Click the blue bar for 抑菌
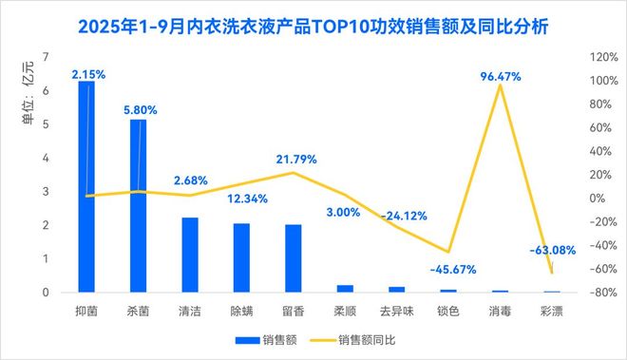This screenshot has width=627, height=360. point(86,190)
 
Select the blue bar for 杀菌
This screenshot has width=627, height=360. point(138,209)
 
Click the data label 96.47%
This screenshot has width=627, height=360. point(502,75)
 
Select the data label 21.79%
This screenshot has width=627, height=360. point(295,159)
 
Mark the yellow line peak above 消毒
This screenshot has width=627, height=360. point(500,85)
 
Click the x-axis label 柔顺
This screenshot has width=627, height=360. point(345,311)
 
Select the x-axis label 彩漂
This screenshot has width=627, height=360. point(552,311)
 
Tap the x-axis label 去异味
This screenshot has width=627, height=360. point(396,311)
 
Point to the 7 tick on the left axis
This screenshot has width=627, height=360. point(46,57)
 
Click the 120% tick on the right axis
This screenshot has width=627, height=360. point(602,57)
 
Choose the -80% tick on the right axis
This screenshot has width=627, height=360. point(602,293)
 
